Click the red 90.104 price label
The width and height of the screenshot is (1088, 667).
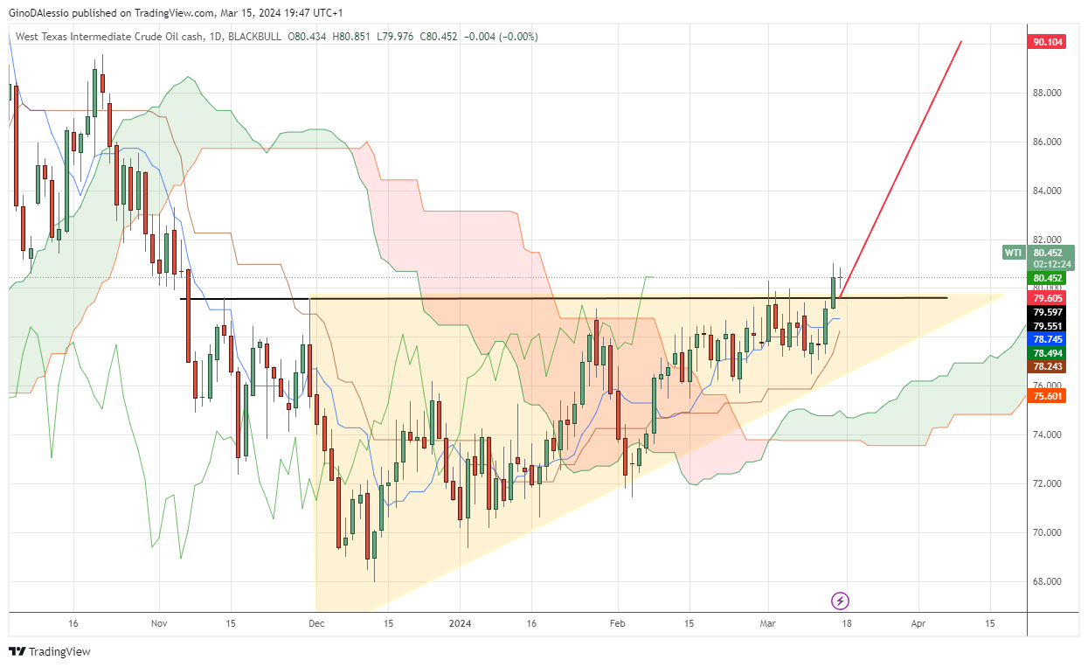tap(1048, 42)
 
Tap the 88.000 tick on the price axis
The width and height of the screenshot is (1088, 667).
tap(1047, 93)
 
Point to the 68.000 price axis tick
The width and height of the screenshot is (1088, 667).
tap(1047, 581)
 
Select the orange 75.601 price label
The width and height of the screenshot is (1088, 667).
tap(1048, 396)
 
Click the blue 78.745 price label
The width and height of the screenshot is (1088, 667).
tap(1048, 338)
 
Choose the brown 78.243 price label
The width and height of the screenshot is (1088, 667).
tap(1048, 366)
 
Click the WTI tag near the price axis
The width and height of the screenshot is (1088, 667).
tap(1012, 253)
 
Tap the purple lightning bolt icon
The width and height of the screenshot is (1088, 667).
tap(840, 601)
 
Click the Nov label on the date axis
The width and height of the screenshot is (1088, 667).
tap(158, 624)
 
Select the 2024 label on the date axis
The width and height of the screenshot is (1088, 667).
tap(460, 624)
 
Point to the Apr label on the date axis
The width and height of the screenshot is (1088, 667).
tap(918, 624)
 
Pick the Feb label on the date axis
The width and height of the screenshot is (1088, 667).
tap(617, 624)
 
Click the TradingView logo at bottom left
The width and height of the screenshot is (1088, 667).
tap(50, 651)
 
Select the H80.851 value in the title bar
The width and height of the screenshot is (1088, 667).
tap(351, 37)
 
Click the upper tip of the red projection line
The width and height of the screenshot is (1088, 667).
tap(961, 42)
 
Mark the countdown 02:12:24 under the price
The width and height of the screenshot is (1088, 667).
tap(1048, 263)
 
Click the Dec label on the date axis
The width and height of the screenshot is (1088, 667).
tap(316, 624)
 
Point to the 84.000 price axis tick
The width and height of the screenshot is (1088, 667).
tap(1047, 191)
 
